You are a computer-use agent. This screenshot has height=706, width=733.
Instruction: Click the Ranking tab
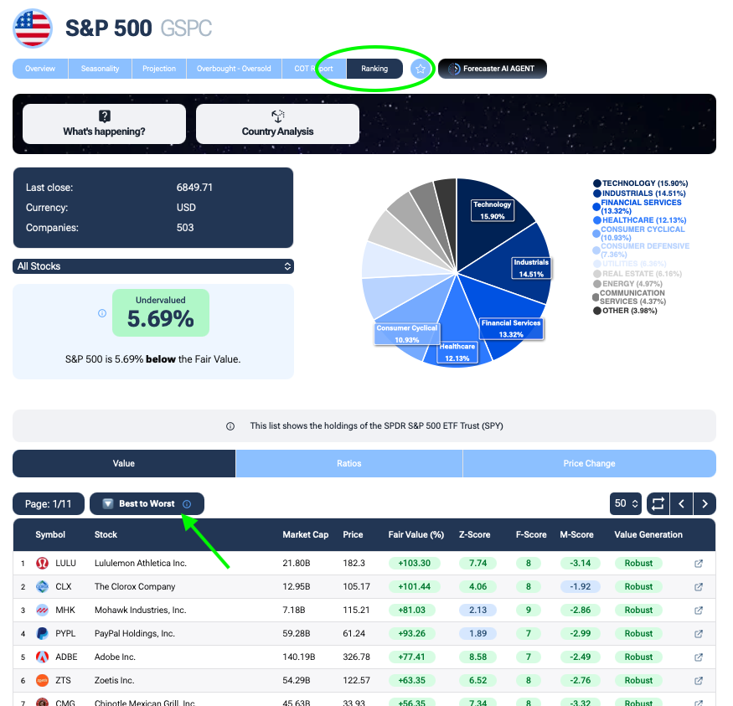coord(374,69)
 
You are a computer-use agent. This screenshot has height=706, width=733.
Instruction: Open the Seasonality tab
coord(100,69)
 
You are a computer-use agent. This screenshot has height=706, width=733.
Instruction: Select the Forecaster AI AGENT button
coord(493,69)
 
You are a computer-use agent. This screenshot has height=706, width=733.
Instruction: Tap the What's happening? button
coord(104,124)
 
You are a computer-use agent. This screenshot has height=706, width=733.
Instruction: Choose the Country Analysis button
coord(277,124)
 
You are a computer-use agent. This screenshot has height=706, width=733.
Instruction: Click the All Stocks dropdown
coord(153,266)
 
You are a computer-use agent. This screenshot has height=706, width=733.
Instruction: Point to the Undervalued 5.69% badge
coord(160,312)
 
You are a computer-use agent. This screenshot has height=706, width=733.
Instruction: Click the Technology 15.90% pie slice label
coord(492,210)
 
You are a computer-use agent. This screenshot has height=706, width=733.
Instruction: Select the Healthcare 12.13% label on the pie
coord(457,352)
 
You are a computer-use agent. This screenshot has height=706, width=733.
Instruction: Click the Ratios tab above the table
coord(349,463)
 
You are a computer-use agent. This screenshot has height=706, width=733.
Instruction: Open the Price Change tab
coord(589,463)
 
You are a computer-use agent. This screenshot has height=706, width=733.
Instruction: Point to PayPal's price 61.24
coord(354,634)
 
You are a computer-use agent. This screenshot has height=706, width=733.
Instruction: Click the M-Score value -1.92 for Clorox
coord(581,587)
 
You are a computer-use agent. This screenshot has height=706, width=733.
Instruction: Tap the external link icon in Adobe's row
coord(699,657)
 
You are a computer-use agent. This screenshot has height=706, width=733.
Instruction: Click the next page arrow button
coord(705,503)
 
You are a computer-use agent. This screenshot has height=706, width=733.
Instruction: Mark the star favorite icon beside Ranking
coord(421,69)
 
